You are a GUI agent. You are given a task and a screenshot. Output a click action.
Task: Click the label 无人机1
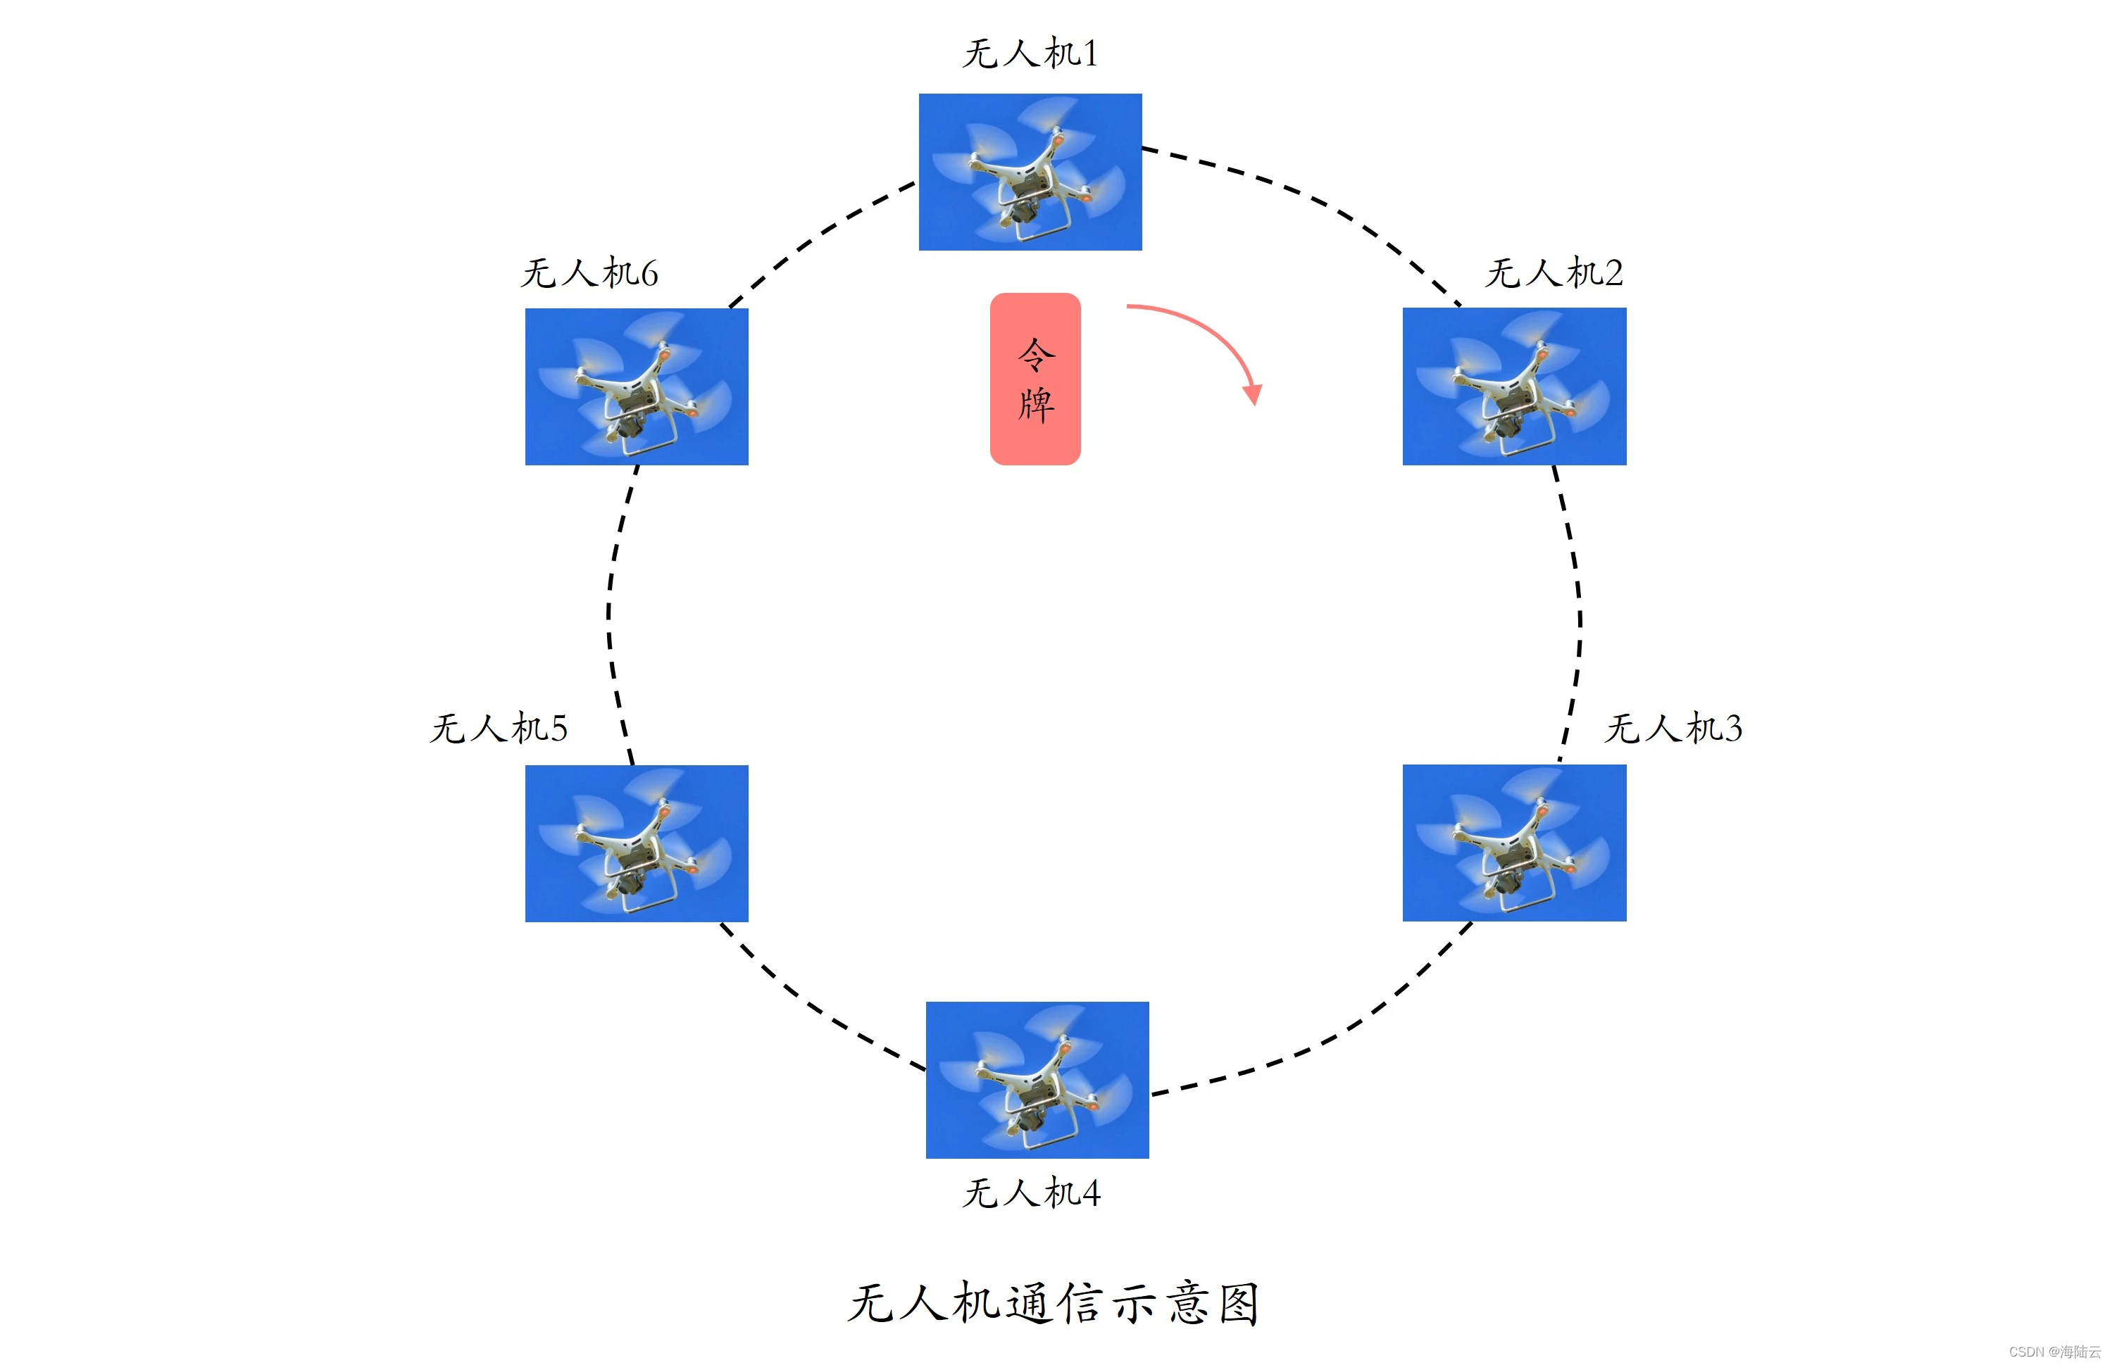point(1030,54)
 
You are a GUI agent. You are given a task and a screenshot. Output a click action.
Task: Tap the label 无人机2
point(1554,272)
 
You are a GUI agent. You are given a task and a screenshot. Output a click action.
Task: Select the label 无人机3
point(1673,728)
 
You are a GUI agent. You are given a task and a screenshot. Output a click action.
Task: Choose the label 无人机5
point(499,728)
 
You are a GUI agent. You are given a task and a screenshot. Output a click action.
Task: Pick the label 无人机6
point(589,272)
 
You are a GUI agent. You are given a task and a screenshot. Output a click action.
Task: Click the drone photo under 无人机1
point(1030,172)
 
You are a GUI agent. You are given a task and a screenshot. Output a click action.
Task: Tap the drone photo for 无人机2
point(1514,386)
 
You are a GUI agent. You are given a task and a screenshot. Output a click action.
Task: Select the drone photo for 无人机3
point(1514,843)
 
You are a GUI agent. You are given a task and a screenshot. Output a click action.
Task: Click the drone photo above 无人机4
point(1037,1080)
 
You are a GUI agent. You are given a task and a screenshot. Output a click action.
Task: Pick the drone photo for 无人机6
point(637,386)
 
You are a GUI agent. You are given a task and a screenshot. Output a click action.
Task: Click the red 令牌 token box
point(1035,379)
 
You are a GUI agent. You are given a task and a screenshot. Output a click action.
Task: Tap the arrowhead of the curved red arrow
point(1253,394)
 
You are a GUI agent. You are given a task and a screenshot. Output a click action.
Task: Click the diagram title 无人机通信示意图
point(1054,1304)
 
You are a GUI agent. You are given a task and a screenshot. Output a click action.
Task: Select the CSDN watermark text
point(2054,1352)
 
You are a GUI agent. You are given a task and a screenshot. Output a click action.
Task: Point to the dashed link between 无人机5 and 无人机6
point(609,612)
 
